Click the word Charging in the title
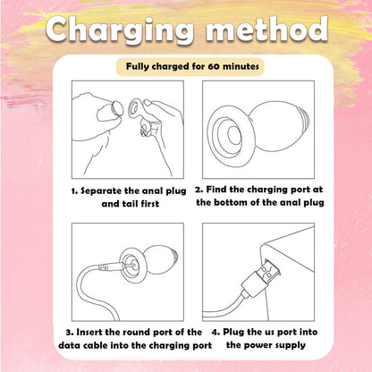click(x=120, y=30)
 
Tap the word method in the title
click(x=266, y=29)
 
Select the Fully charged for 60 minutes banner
click(x=190, y=66)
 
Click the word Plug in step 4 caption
click(x=233, y=333)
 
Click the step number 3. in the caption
click(x=70, y=332)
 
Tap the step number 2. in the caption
click(x=199, y=190)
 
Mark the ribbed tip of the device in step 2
click(x=304, y=122)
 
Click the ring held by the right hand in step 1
click(x=133, y=109)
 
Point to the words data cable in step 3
click(x=83, y=345)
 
